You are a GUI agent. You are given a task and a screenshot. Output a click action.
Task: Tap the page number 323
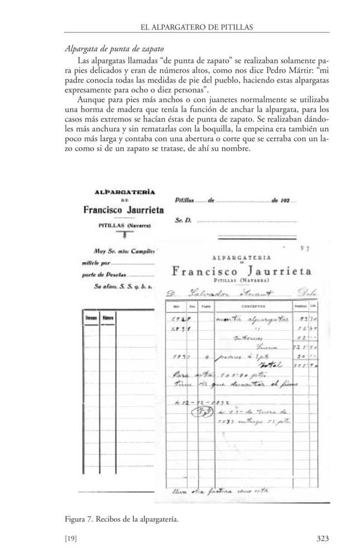click(x=322, y=538)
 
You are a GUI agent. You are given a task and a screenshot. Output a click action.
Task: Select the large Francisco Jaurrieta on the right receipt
click(x=242, y=272)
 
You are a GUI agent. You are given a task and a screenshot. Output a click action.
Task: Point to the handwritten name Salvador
click(x=197, y=293)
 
